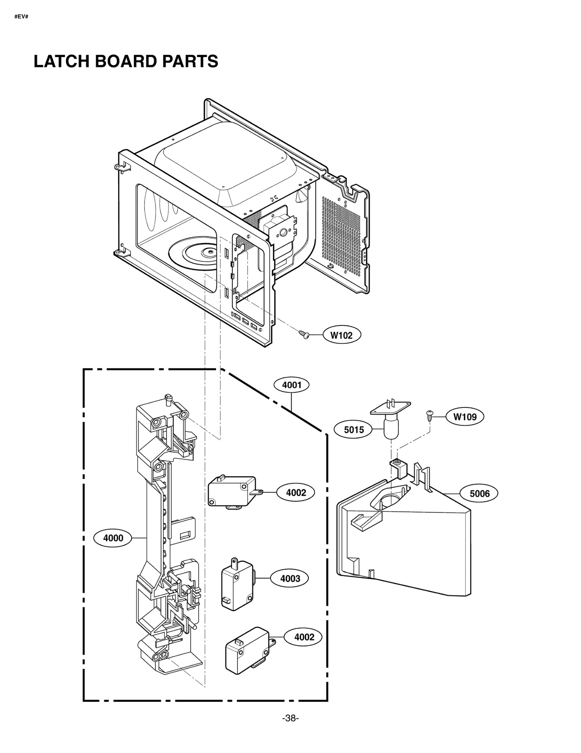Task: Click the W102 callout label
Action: (341, 335)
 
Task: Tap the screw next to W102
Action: (304, 334)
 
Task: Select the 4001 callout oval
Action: (292, 385)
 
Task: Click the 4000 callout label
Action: (113, 538)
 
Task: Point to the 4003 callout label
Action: (290, 579)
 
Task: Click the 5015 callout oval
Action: (354, 430)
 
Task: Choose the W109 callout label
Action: (465, 417)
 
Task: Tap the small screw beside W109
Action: (430, 415)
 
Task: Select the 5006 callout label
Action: (479, 493)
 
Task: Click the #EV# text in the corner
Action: (21, 17)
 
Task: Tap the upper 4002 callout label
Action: (296, 493)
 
